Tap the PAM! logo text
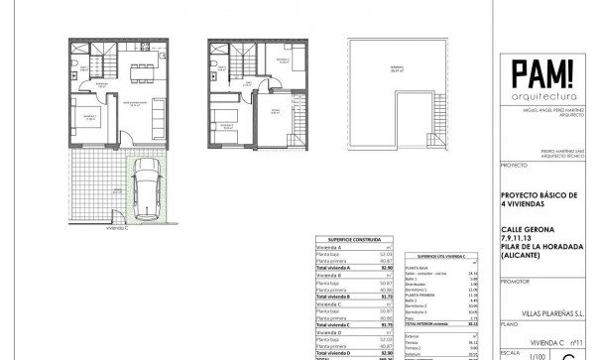coord(541,74)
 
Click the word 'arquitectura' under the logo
coord(541,97)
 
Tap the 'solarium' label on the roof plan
coord(394,67)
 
